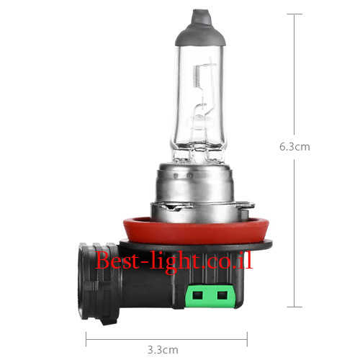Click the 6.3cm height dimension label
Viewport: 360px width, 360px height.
tap(294, 147)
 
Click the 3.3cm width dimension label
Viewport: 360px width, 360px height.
tap(163, 350)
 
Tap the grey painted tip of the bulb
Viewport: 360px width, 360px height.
tap(201, 28)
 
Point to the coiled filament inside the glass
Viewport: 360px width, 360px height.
tap(197, 76)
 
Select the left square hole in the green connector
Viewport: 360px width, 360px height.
tap(197, 295)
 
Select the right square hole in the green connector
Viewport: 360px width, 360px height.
tap(222, 295)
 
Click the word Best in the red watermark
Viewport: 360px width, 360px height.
tap(117, 260)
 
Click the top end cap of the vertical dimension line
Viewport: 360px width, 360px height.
tap(294, 14)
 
